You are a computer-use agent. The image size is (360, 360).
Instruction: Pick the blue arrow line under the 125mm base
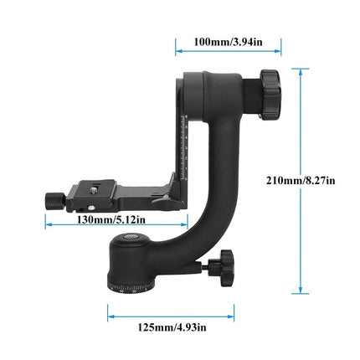[171, 316]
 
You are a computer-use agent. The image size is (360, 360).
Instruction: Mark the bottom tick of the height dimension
[296, 293]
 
